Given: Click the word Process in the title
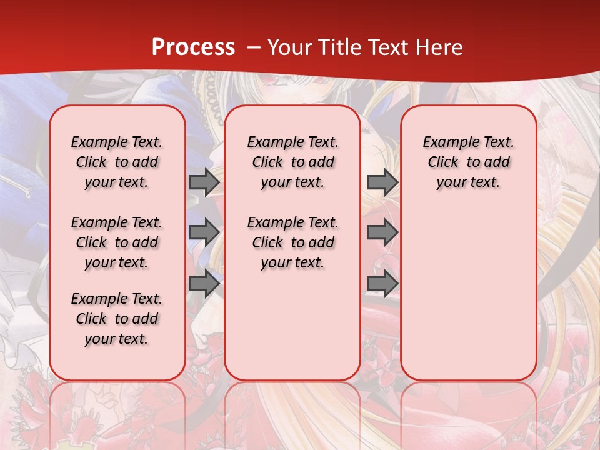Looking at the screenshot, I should tap(193, 47).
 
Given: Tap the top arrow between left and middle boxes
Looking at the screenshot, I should tap(204, 182).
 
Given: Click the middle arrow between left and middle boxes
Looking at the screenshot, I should tap(204, 232).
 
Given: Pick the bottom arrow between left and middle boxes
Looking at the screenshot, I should tap(204, 284).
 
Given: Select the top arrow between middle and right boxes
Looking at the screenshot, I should tap(382, 182).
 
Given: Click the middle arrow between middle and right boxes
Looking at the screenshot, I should tap(382, 232).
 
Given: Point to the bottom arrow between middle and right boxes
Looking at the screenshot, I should tap(382, 284).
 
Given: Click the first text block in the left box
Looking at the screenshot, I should tap(117, 162).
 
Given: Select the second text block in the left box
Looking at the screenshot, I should tap(117, 242).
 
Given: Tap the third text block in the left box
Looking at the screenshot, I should tap(117, 319).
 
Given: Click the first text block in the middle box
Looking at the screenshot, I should tap(292, 162).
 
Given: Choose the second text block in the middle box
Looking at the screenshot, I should tap(292, 242).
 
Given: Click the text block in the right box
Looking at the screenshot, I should tap(468, 162).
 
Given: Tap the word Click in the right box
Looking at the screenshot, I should tap(443, 162).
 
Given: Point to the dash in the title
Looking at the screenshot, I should tap(254, 47).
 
